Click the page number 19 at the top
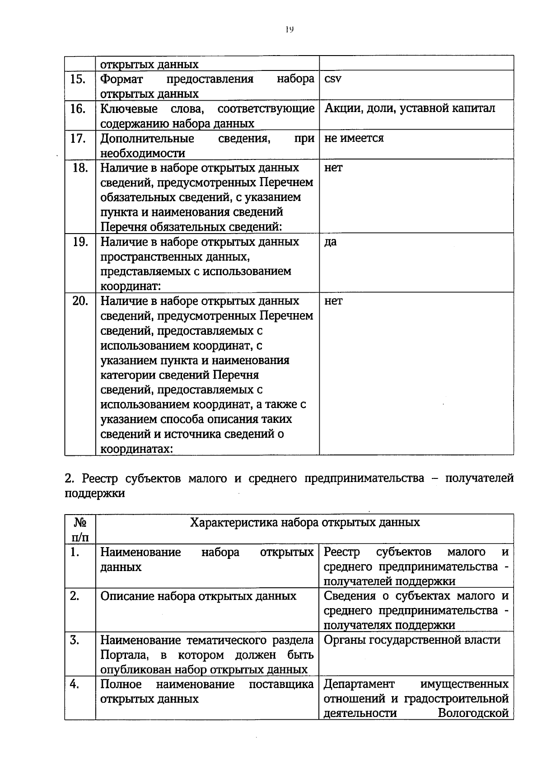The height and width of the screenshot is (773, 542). pos(290,29)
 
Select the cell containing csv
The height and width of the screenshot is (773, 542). pos(333,79)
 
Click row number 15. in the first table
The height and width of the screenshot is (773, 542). pos(78,80)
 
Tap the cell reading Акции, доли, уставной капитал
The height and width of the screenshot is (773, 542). pos(409,108)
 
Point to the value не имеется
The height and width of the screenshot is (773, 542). pos(354,138)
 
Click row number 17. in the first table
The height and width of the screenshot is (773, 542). pos(78,138)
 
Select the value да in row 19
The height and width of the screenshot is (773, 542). pos(330,242)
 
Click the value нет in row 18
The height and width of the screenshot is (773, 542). pos(333,168)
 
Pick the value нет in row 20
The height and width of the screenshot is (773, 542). pos(333,301)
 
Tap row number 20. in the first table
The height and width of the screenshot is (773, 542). pos(80,301)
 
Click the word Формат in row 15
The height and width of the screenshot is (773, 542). pos(121,79)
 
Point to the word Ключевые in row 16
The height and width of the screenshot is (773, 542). pos(129,109)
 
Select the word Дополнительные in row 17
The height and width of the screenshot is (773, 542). pos(147,138)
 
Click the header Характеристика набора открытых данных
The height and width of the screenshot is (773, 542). pos(304,523)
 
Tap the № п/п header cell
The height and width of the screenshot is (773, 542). pos(80,529)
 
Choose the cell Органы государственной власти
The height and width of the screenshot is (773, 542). pos(412,640)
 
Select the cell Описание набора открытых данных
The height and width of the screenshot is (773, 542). pos(198,596)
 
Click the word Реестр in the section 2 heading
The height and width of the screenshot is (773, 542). pos(102,478)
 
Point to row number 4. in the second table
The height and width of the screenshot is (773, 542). pos(75,684)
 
